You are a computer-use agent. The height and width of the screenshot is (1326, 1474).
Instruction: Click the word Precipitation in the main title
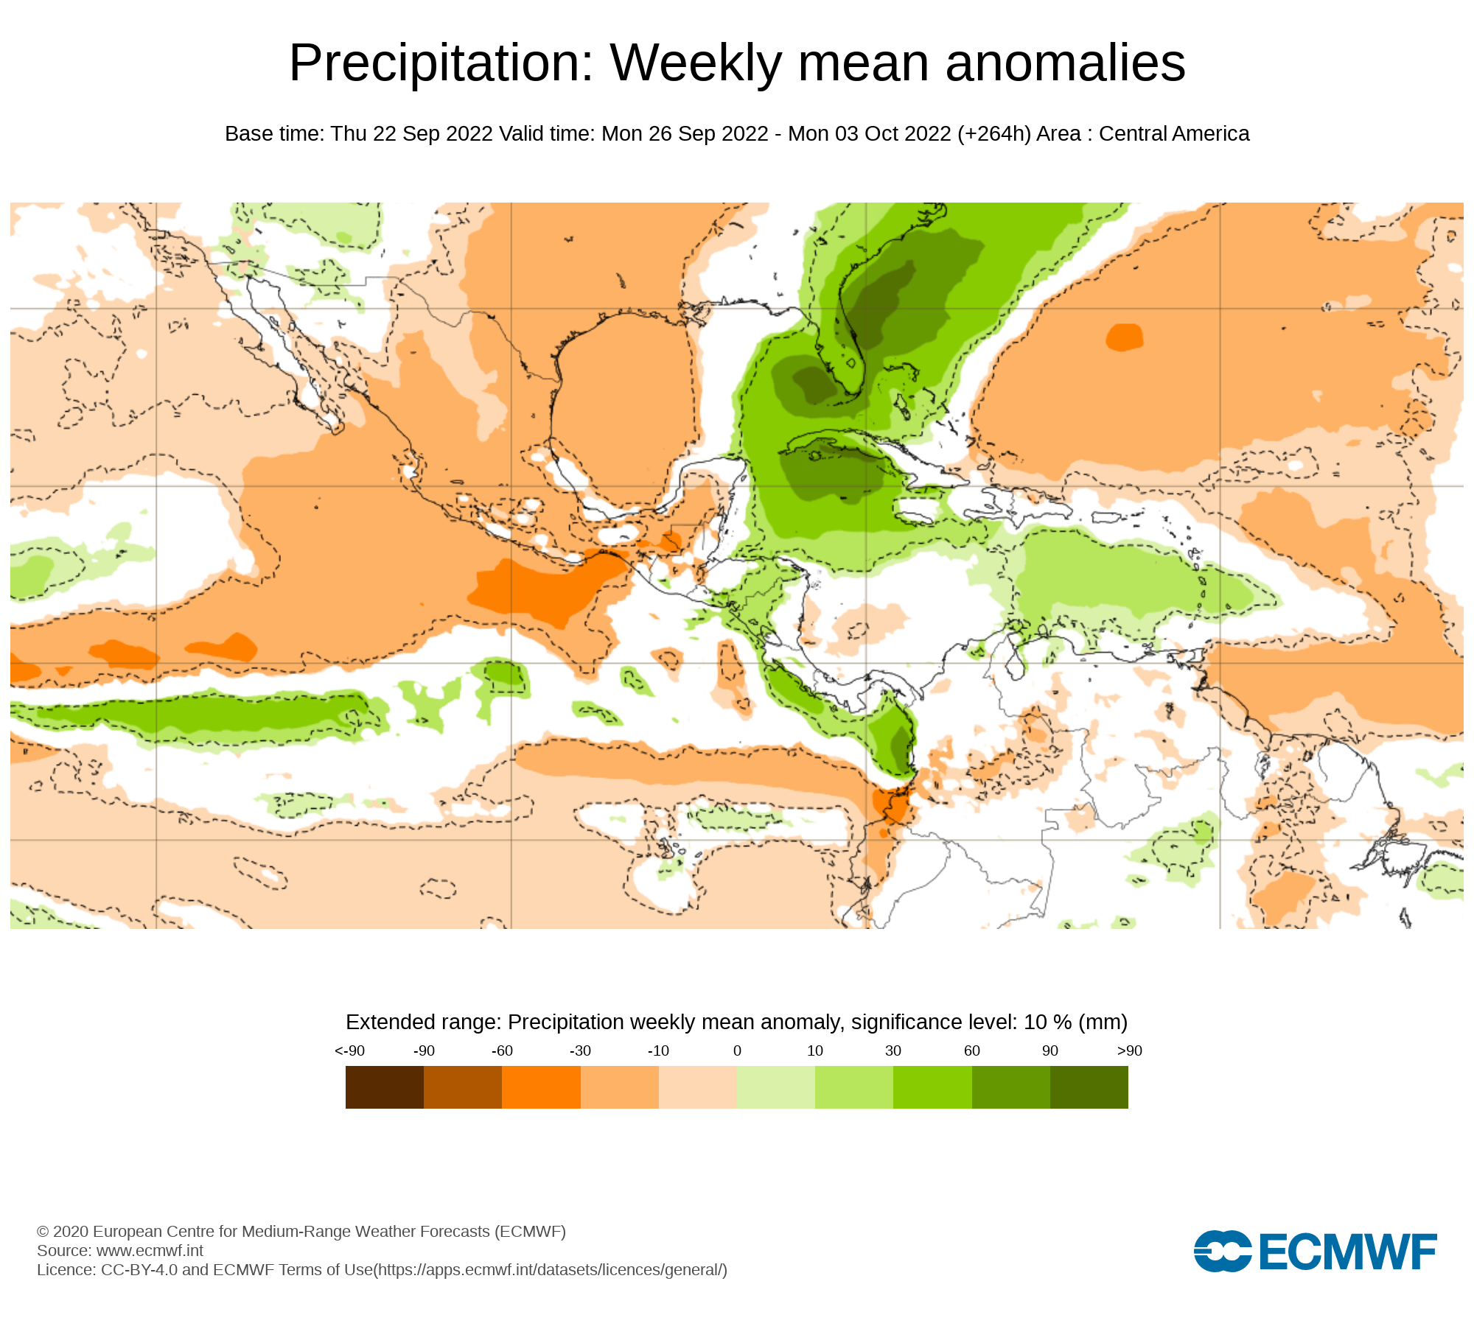pos(441,63)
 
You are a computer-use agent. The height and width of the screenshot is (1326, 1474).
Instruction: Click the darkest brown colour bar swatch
pos(384,1087)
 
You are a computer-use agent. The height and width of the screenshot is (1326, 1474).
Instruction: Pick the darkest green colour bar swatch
pos(1089,1087)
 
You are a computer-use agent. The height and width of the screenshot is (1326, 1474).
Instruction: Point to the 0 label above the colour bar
pos(737,1051)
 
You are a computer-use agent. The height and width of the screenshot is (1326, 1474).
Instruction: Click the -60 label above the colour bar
pos(502,1051)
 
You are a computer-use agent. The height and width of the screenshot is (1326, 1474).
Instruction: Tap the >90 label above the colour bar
pos(1129,1051)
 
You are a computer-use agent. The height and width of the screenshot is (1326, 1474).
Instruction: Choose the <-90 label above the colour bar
pos(349,1051)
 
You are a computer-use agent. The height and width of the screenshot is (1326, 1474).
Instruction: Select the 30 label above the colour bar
pos(893,1051)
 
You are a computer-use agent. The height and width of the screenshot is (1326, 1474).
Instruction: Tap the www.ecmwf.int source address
pos(150,1251)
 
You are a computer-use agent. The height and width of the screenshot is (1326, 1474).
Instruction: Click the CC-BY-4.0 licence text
pos(139,1270)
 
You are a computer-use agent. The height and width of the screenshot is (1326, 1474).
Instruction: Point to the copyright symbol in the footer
pos(43,1232)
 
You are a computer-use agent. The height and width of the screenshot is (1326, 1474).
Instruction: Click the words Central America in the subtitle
pos(1174,134)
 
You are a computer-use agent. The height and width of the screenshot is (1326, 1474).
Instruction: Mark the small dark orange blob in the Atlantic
pos(1124,337)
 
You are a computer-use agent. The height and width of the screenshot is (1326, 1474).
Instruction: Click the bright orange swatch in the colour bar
pos(541,1087)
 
